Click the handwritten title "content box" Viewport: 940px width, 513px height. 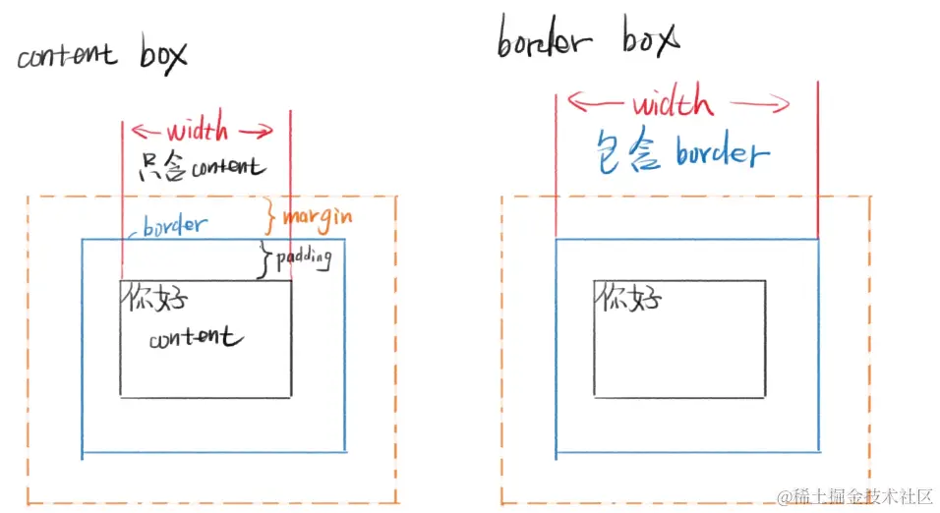[102, 55]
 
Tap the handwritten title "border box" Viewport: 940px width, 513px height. [589, 37]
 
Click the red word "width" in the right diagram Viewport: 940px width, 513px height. [673, 100]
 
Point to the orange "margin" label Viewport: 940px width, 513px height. [318, 219]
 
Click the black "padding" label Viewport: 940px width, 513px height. [304, 258]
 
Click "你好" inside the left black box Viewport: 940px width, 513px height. [155, 297]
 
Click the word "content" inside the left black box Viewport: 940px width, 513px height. [196, 337]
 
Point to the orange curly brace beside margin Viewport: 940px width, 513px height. [270, 216]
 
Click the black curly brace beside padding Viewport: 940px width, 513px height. [264, 260]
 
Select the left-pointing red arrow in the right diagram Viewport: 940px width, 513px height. [595, 102]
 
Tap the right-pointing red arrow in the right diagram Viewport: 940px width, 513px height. [760, 104]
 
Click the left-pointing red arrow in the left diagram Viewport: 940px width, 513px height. [146, 131]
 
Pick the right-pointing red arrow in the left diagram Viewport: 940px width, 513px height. [257, 131]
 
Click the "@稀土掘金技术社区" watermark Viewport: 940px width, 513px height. [854, 497]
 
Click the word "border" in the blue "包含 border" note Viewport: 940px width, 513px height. [723, 151]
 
